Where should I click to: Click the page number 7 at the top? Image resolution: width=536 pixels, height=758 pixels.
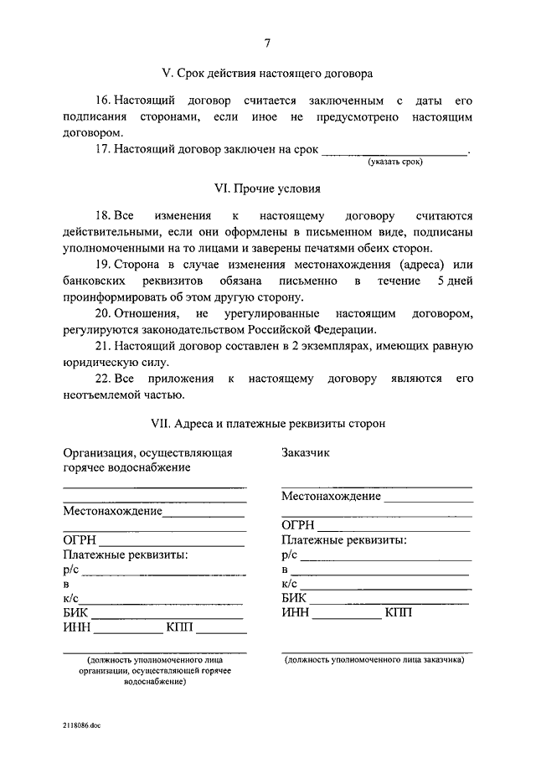(267, 44)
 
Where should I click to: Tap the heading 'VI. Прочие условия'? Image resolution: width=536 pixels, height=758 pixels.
(267, 189)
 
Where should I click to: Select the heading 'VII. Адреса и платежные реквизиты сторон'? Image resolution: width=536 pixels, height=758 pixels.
(267, 425)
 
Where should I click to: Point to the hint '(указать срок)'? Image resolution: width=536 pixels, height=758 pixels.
(394, 162)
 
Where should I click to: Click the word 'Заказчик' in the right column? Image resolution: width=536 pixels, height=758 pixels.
(306, 452)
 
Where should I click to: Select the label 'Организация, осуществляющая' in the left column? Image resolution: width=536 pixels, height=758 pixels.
(147, 452)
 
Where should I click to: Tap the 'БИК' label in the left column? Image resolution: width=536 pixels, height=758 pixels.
(75, 614)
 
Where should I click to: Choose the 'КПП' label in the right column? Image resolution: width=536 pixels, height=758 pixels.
(399, 613)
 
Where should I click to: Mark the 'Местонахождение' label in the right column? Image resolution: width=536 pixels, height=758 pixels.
(331, 496)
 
